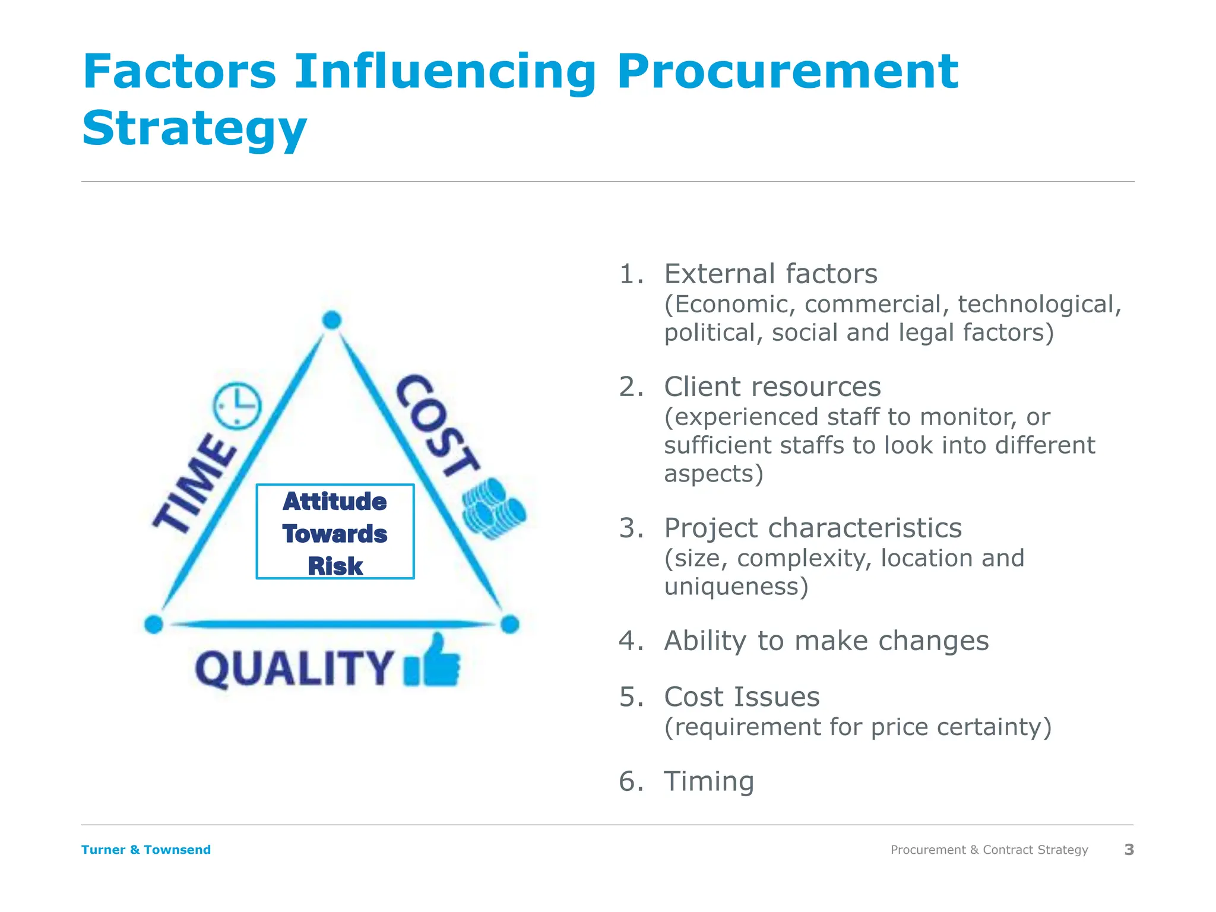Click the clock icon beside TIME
pos(237,406)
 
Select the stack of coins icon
pos(494,509)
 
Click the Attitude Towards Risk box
pos(335,531)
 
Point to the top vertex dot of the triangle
pos(332,320)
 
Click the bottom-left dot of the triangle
pos(154,624)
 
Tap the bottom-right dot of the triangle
pos(509,624)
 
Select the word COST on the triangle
pos(437,426)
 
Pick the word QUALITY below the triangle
pos(294,669)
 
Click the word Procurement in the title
pos(787,72)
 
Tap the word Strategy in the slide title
pos(194,129)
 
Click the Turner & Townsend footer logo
pos(146,850)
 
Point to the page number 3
pos(1129,850)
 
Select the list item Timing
pos(709,781)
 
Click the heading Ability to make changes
pos(826,641)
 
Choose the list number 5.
pos(630,697)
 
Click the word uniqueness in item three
pos(735,587)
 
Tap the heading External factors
pos(770,274)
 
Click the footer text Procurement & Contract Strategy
pos(989,850)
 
